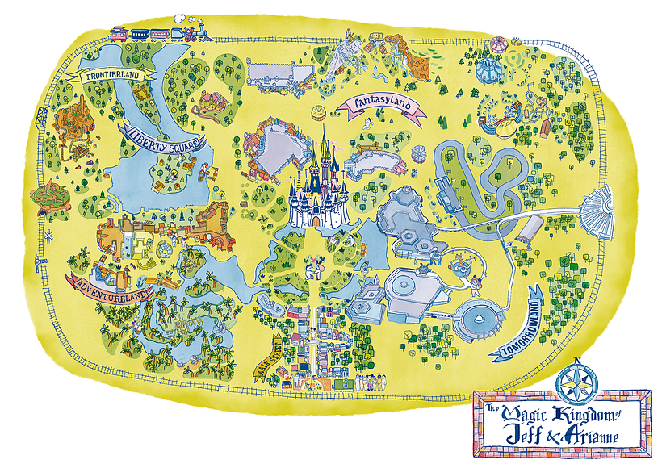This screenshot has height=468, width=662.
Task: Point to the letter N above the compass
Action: coord(577,361)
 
